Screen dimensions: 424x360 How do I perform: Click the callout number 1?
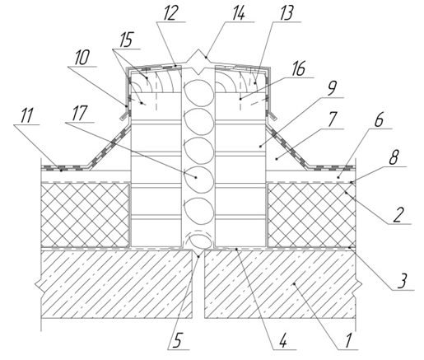348,340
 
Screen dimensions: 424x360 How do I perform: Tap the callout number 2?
398,215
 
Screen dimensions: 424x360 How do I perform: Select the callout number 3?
402,281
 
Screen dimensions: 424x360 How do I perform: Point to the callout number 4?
282,340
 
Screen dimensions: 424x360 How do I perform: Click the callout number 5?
177,341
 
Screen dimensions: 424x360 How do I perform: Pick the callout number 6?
379,119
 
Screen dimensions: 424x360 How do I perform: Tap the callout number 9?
331,88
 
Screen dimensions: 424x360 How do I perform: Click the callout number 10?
82,58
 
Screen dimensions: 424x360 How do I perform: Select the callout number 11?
26,116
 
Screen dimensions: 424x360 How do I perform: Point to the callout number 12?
170,13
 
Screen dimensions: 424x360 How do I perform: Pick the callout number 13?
287,13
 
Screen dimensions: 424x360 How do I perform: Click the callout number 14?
238,13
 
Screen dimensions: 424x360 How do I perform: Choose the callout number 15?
126,40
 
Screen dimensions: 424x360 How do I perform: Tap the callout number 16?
298,68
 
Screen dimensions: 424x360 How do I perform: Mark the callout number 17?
80,114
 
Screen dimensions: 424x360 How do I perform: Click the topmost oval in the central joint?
198,91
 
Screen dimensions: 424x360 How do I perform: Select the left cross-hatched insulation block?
86,215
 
